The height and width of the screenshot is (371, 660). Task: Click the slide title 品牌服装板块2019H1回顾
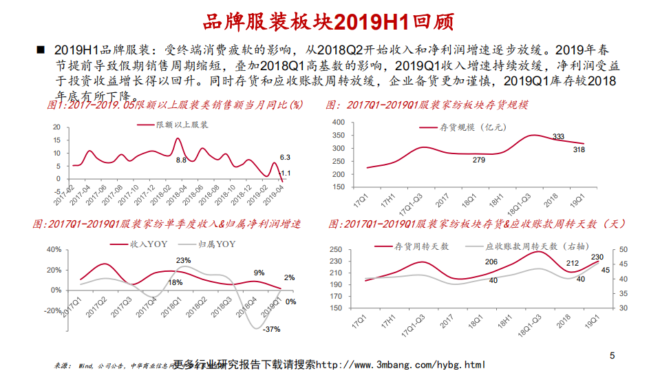tap(330, 21)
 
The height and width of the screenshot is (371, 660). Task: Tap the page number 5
tap(612, 356)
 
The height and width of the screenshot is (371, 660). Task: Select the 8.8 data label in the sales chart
tap(181, 160)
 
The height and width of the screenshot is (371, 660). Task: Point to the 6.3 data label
tap(284, 158)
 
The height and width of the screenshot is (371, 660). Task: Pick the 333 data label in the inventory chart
tap(558, 136)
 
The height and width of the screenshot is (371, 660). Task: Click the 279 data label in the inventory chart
tap(479, 160)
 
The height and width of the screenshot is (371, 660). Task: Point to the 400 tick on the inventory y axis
tap(338, 122)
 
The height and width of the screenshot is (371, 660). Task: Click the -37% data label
tap(272, 329)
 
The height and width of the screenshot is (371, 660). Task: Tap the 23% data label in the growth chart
tap(183, 260)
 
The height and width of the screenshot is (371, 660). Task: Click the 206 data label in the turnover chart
tap(491, 262)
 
